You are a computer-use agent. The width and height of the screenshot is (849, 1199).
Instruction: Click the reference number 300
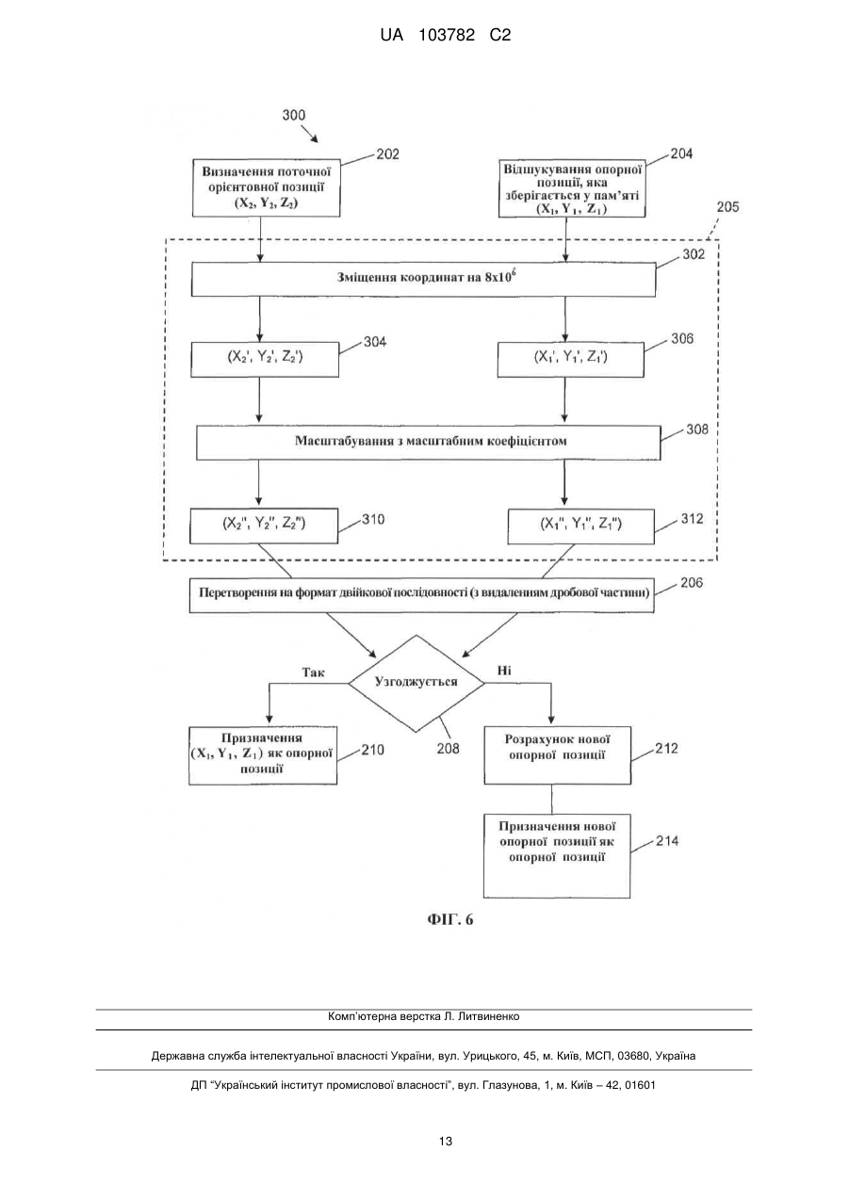click(294, 115)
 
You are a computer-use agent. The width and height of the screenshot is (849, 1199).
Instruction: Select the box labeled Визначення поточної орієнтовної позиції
click(267, 187)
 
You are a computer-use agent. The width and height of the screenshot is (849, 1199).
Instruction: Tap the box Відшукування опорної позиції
click(572, 188)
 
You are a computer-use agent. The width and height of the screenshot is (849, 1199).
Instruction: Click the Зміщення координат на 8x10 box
click(423, 280)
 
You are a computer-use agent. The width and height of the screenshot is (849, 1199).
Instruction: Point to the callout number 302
click(694, 254)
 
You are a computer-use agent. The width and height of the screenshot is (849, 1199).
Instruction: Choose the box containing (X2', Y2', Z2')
click(265, 360)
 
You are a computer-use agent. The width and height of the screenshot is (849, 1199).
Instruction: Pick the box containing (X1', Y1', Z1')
click(570, 360)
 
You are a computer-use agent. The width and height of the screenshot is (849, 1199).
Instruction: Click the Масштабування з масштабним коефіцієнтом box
click(429, 443)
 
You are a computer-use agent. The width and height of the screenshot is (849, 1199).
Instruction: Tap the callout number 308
click(697, 429)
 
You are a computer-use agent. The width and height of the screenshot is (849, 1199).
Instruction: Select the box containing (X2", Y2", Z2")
click(264, 526)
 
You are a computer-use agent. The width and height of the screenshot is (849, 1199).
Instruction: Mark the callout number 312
click(692, 519)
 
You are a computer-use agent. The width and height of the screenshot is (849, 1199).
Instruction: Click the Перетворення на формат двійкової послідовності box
click(421, 595)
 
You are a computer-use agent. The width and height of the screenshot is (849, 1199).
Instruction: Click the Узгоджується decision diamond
click(416, 684)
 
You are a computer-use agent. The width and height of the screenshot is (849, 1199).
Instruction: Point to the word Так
click(314, 672)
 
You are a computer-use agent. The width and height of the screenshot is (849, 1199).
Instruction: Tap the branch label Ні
click(504, 671)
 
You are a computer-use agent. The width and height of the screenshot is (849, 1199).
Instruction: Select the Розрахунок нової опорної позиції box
click(558, 755)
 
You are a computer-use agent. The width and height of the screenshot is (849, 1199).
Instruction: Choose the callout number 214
click(667, 841)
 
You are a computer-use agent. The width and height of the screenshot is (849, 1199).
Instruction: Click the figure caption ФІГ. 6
click(450, 919)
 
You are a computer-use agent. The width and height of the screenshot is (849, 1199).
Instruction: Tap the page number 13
click(446, 1142)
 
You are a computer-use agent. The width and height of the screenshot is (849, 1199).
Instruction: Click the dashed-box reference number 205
click(727, 206)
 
